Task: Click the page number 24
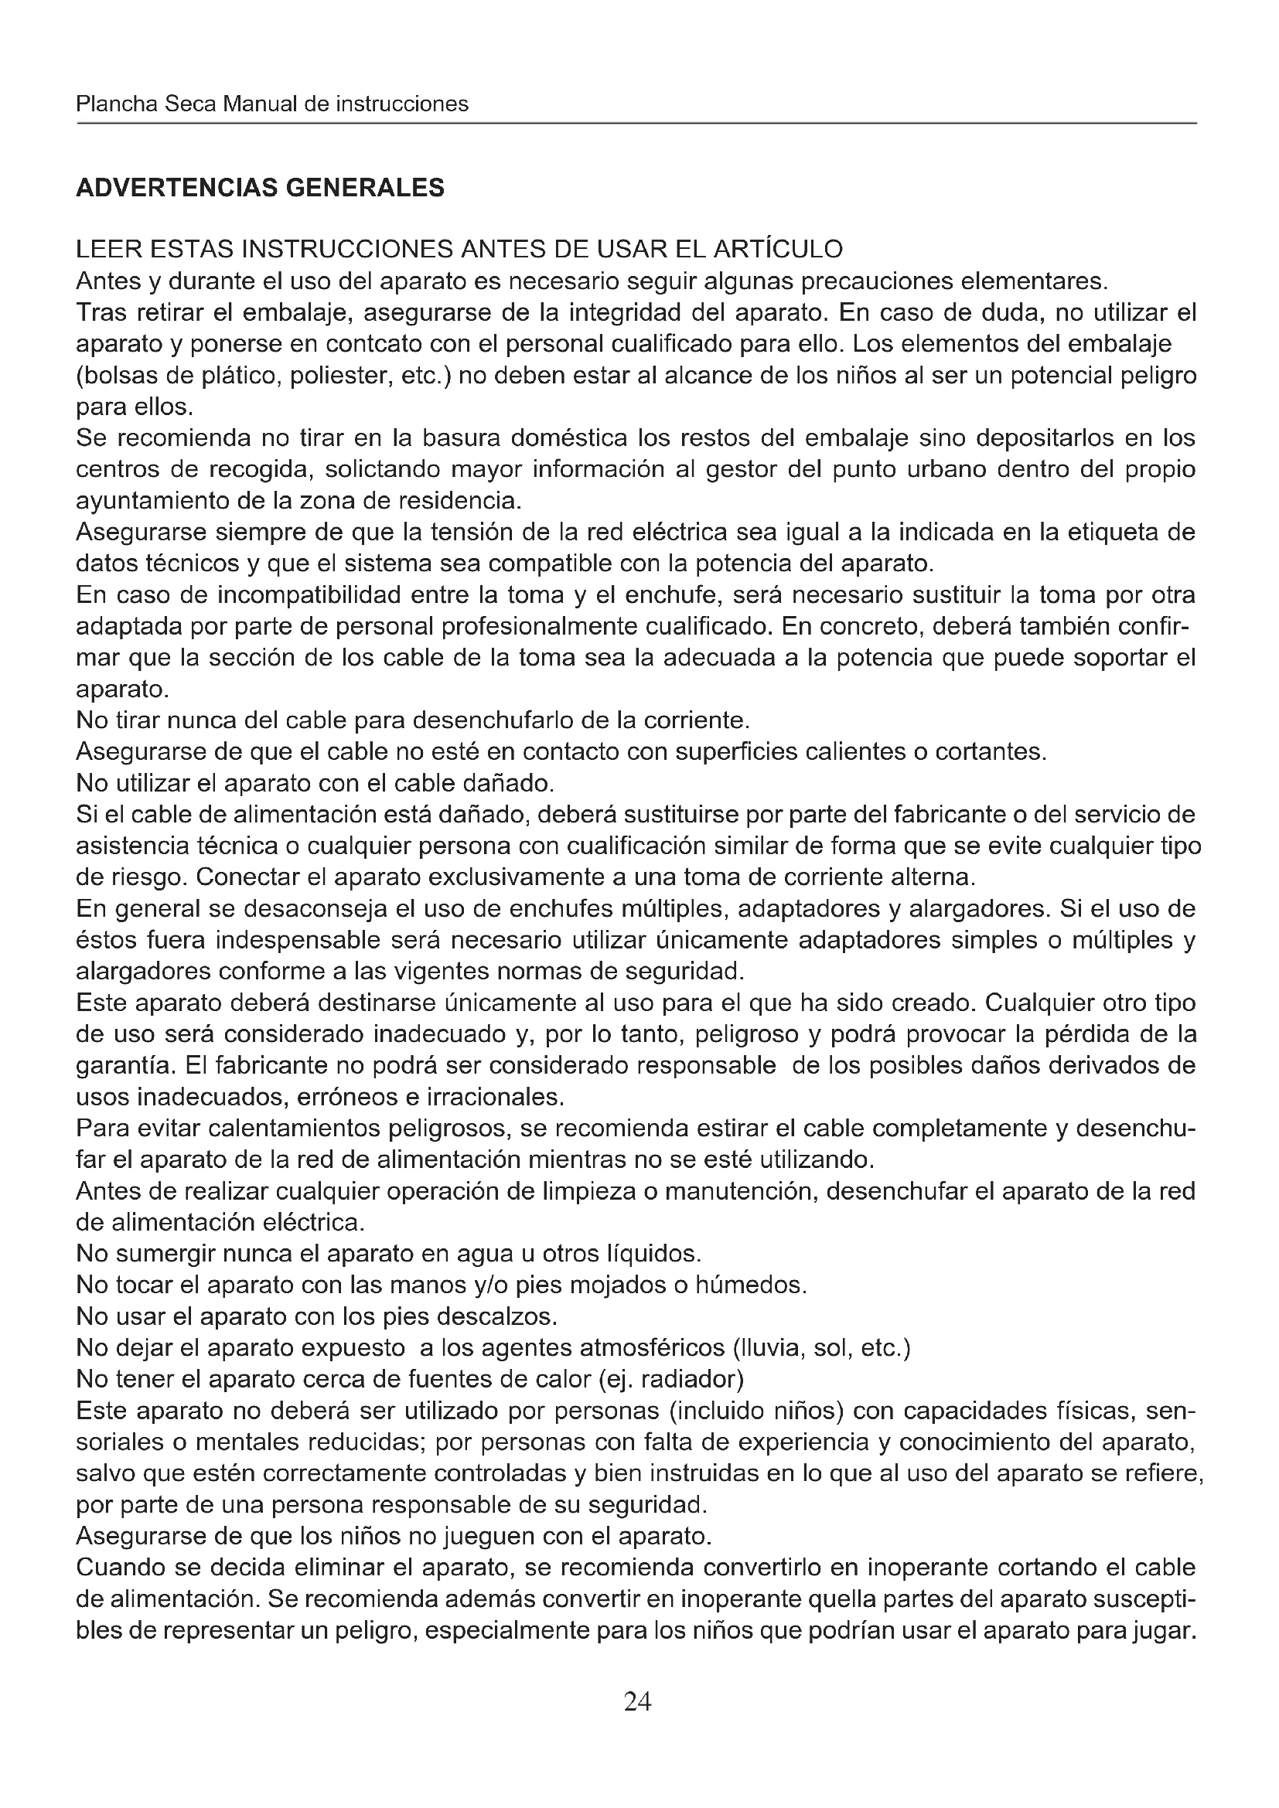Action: click(637, 1701)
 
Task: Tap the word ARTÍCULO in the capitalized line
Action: click(777, 249)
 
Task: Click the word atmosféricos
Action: click(651, 1348)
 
